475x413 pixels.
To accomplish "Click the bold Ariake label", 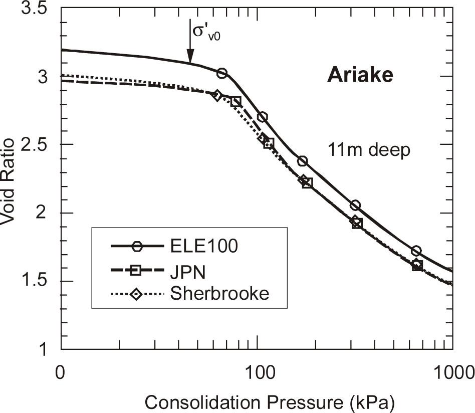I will point(360,76).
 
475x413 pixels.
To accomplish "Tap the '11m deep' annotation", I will point(369,149).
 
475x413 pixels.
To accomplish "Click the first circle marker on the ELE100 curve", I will point(221,74).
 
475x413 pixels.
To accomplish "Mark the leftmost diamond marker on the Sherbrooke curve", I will point(216,95).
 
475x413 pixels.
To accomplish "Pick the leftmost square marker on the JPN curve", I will point(235,102).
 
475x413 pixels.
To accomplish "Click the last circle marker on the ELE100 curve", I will point(416,251).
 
